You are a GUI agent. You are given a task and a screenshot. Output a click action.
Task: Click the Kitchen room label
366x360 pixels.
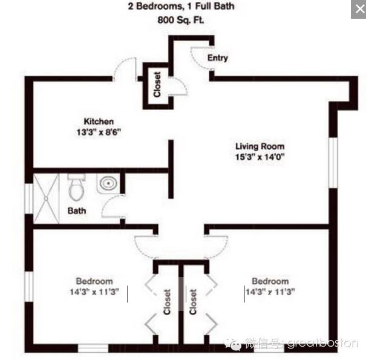[x=99, y=122]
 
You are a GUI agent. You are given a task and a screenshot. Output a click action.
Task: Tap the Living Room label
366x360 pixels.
[x=260, y=146]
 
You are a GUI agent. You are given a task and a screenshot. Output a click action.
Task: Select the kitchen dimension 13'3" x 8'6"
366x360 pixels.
[x=99, y=133]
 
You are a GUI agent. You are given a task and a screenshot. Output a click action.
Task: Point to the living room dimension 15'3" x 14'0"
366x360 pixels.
[x=260, y=157]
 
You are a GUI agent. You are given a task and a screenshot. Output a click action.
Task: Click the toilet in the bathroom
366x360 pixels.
[x=76, y=187]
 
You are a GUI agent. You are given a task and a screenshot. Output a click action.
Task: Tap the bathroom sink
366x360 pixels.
[x=108, y=183]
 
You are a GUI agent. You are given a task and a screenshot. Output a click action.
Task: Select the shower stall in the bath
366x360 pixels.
[x=46, y=198]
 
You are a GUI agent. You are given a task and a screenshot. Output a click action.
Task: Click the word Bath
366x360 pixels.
[x=77, y=211]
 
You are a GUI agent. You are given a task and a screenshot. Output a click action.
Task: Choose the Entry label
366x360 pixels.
[x=218, y=58]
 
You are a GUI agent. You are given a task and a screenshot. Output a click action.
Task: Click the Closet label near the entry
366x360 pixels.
[x=157, y=84]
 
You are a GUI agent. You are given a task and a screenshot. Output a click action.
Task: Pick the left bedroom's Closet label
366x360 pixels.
[x=167, y=302]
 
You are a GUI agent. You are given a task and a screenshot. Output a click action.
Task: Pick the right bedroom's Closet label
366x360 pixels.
[x=193, y=302]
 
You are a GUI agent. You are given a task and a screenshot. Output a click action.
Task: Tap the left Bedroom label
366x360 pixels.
[x=94, y=281]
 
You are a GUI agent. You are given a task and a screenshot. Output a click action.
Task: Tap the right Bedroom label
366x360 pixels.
[x=270, y=281]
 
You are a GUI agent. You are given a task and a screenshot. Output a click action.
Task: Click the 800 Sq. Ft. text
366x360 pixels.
[x=181, y=20]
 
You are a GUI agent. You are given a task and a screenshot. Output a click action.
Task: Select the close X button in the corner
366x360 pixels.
[x=359, y=9]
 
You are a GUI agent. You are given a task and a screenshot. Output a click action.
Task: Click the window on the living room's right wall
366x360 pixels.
[x=333, y=163]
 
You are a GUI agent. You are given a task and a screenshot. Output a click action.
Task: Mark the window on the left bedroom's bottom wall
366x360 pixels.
[x=93, y=348]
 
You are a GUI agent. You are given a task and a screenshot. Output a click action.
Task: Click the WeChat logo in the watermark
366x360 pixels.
[x=233, y=344]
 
